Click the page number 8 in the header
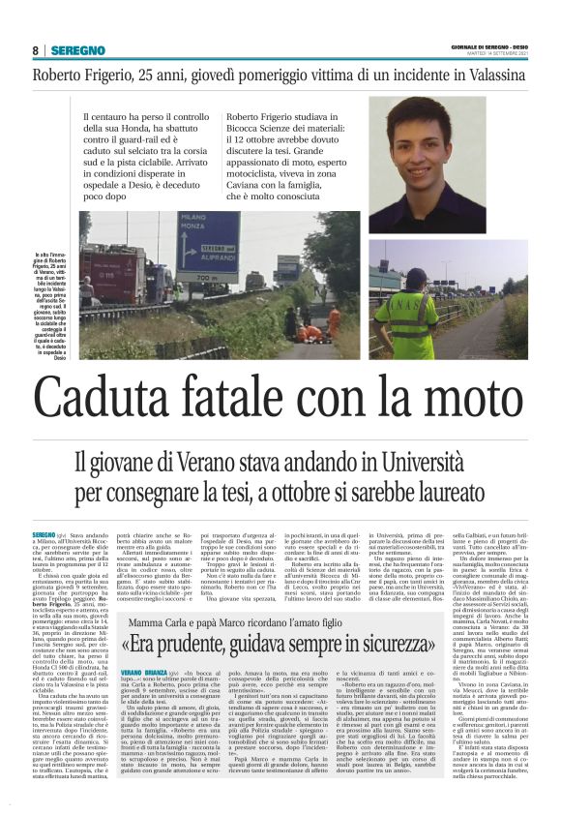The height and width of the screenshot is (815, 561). [36, 50]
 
